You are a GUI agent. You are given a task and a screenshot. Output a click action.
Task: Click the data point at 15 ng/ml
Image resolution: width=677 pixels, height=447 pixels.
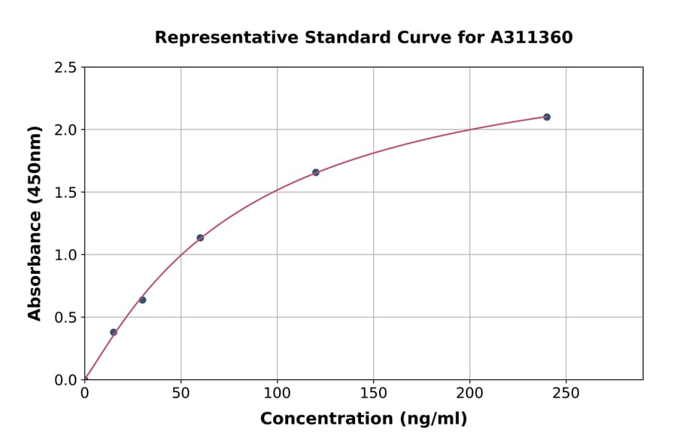(x=114, y=332)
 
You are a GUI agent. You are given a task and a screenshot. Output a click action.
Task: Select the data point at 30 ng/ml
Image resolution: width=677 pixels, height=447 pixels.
(x=142, y=300)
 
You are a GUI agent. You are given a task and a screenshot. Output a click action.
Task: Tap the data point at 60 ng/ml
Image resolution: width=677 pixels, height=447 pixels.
(x=200, y=238)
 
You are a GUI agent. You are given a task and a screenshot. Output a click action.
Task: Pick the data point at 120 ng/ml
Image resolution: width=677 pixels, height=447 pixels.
(x=316, y=172)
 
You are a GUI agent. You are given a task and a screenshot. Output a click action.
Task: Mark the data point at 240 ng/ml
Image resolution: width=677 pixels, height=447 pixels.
(x=547, y=117)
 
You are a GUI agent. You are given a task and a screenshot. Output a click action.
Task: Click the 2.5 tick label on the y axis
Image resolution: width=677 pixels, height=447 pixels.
(x=66, y=68)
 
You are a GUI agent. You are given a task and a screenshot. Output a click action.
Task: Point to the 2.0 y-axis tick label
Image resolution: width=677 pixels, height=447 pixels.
(x=66, y=130)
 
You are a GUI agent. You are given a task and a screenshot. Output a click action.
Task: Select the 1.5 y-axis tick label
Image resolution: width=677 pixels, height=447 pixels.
(x=66, y=193)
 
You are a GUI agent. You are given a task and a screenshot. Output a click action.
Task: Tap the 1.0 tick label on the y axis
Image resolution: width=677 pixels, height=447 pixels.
(x=66, y=255)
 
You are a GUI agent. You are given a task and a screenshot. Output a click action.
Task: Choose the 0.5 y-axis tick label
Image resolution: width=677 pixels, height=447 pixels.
(x=66, y=318)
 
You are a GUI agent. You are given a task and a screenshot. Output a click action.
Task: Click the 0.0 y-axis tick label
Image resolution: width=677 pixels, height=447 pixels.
(x=66, y=380)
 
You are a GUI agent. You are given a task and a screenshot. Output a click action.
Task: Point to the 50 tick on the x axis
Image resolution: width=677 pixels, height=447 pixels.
(x=181, y=393)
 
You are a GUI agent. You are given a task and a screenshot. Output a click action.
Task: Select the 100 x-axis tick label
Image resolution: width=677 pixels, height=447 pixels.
(x=277, y=393)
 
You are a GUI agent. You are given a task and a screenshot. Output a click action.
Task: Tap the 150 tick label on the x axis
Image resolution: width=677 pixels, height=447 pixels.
(x=373, y=393)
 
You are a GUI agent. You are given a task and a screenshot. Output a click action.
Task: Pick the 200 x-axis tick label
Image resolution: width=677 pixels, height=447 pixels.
(x=469, y=393)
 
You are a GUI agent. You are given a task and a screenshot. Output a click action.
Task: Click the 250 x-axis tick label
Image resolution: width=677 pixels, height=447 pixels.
(x=566, y=393)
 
